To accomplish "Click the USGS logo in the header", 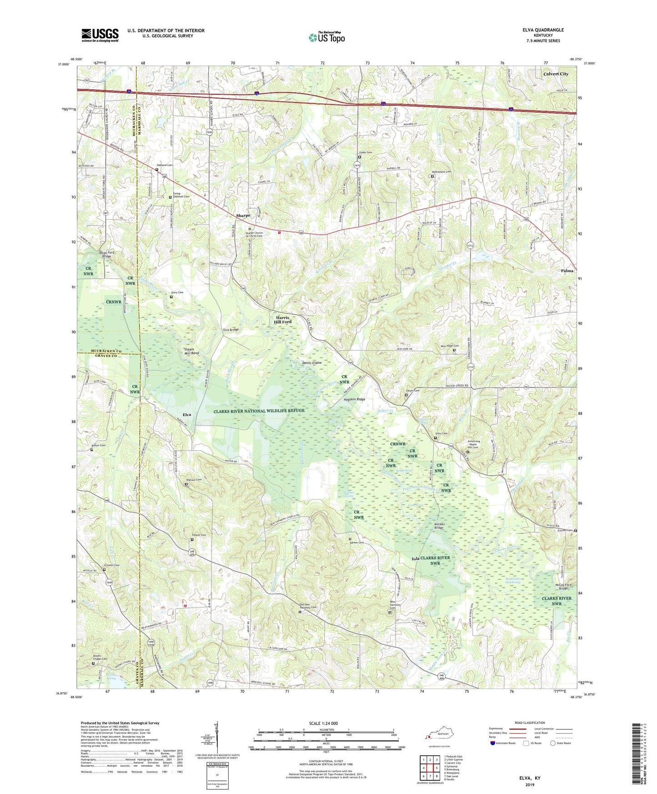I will [100, 35].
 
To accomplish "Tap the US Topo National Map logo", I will [326, 37].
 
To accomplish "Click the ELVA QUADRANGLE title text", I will [543, 30].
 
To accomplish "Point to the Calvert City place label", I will [556, 74].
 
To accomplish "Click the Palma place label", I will [567, 271].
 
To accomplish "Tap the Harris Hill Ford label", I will [282, 320].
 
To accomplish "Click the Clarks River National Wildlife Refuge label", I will [259, 411].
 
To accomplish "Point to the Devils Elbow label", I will [312, 362].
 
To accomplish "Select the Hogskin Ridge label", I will [355, 399].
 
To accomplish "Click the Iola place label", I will [415, 558].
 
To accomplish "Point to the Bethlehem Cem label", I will [441, 172].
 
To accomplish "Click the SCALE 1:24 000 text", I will [323, 724].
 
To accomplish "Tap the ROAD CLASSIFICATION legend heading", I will [529, 723].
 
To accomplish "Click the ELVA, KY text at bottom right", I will [530, 778].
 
